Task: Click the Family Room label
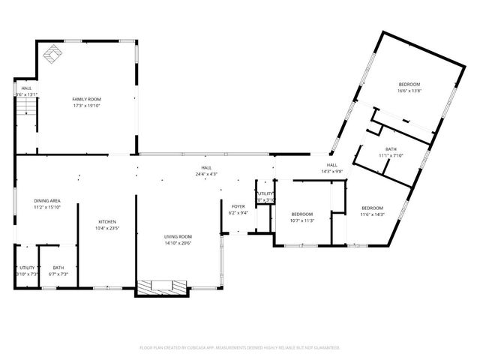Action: pyautogui.click(x=86, y=99)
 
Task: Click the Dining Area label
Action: pyautogui.click(x=46, y=200)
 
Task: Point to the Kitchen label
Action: pyautogui.click(x=108, y=222)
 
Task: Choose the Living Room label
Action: pyautogui.click(x=178, y=236)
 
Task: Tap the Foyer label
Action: pyautogui.click(x=238, y=206)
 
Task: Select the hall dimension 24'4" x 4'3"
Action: pyautogui.click(x=205, y=174)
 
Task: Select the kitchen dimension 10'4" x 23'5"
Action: pyautogui.click(x=108, y=228)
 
